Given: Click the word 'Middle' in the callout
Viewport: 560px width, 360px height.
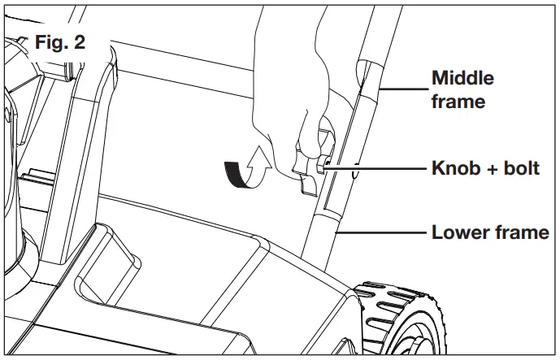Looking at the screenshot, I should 462,79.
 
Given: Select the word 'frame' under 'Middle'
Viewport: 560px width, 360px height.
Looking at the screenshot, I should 458,102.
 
